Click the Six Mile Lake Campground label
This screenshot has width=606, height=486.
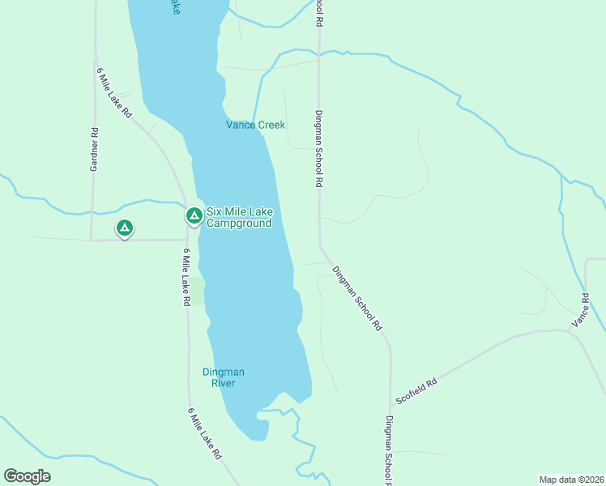(239, 217)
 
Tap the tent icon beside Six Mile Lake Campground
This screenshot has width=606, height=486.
(194, 215)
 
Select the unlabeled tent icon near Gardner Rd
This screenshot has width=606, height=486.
(124, 229)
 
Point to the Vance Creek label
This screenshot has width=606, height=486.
(255, 125)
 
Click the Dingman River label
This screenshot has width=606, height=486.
(223, 377)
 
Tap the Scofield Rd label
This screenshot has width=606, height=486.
(416, 391)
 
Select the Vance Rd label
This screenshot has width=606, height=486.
(581, 310)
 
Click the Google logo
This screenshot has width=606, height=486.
(27, 476)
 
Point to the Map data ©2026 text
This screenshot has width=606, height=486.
(572, 479)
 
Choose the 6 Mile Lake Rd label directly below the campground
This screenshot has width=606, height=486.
(186, 277)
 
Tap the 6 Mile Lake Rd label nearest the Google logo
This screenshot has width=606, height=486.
(205, 434)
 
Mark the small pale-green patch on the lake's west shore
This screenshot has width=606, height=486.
(197, 290)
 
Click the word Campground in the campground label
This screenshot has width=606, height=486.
(238, 223)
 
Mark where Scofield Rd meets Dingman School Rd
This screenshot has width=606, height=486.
(390, 405)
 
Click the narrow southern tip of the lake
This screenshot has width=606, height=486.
(258, 434)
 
